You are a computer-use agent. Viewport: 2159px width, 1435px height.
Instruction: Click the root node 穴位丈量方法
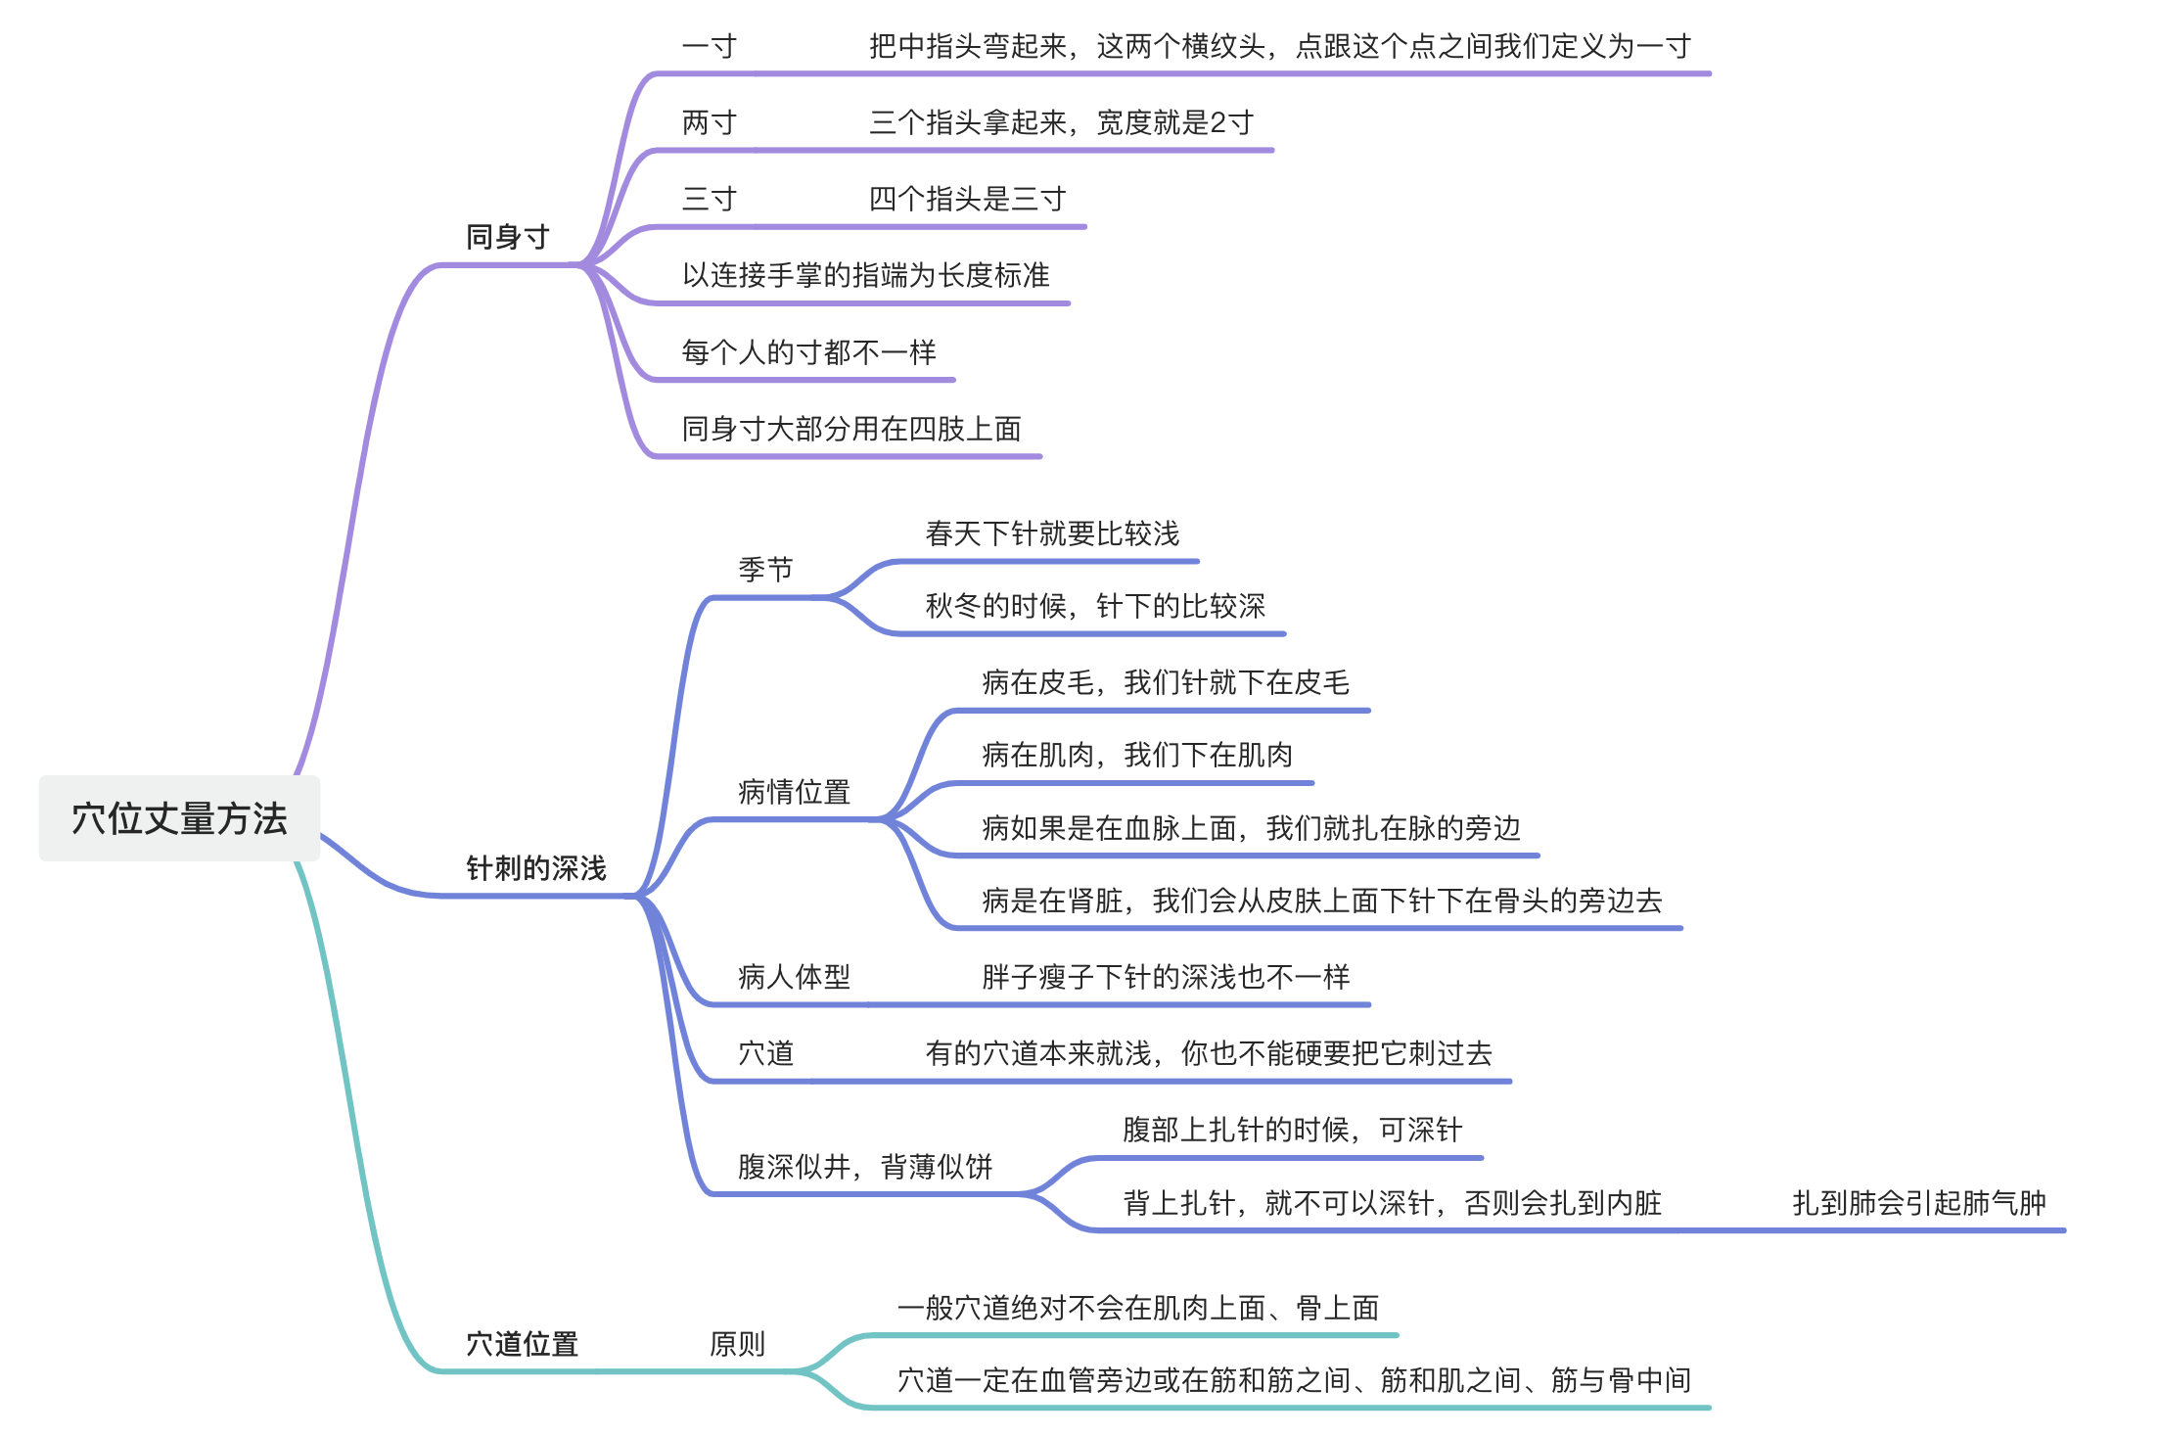(x=179, y=818)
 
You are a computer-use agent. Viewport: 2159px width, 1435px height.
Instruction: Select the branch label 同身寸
(x=507, y=237)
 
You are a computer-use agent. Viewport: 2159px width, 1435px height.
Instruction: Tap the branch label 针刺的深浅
(x=535, y=868)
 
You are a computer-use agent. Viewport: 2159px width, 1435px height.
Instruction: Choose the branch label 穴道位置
(x=522, y=1344)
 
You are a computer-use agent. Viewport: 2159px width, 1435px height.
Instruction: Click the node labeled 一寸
(x=709, y=46)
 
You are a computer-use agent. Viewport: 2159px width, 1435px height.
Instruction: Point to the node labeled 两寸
(x=709, y=122)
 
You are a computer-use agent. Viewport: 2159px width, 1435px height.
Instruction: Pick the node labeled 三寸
(x=709, y=199)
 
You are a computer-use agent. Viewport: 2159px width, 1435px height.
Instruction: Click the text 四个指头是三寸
(x=967, y=199)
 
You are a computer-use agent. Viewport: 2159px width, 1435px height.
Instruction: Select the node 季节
(x=765, y=569)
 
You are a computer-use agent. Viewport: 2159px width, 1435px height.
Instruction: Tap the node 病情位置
(x=794, y=792)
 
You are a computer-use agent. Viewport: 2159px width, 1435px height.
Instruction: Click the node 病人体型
(x=794, y=977)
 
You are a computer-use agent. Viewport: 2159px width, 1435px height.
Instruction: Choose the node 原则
(x=737, y=1344)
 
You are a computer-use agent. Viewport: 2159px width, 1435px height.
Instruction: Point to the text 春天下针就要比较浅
(x=1052, y=533)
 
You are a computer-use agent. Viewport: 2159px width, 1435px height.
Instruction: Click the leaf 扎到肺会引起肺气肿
(x=1918, y=1202)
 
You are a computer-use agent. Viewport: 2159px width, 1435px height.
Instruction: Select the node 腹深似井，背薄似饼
(x=865, y=1167)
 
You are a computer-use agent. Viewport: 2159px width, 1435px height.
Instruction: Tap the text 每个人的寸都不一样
(x=808, y=351)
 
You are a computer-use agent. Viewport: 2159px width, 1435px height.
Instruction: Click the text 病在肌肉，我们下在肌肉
(x=1137, y=755)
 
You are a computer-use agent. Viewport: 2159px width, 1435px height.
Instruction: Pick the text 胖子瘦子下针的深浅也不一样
(x=1166, y=977)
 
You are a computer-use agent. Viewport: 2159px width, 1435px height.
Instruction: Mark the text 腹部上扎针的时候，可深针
(x=1292, y=1130)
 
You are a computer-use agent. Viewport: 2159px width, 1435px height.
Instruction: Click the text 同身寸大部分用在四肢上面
(x=851, y=429)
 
